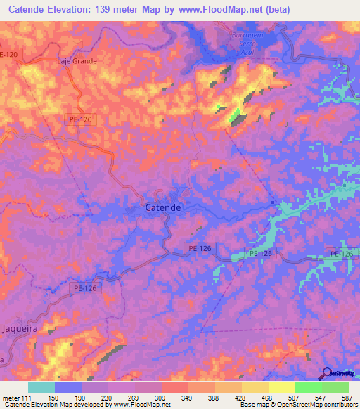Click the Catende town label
click(163, 208)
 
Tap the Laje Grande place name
click(77, 61)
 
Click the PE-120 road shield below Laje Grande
click(81, 120)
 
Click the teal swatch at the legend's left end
click(41, 387)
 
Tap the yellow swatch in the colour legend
click(281, 387)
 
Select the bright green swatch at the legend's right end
click(335, 387)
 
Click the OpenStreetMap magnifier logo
click(328, 373)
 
